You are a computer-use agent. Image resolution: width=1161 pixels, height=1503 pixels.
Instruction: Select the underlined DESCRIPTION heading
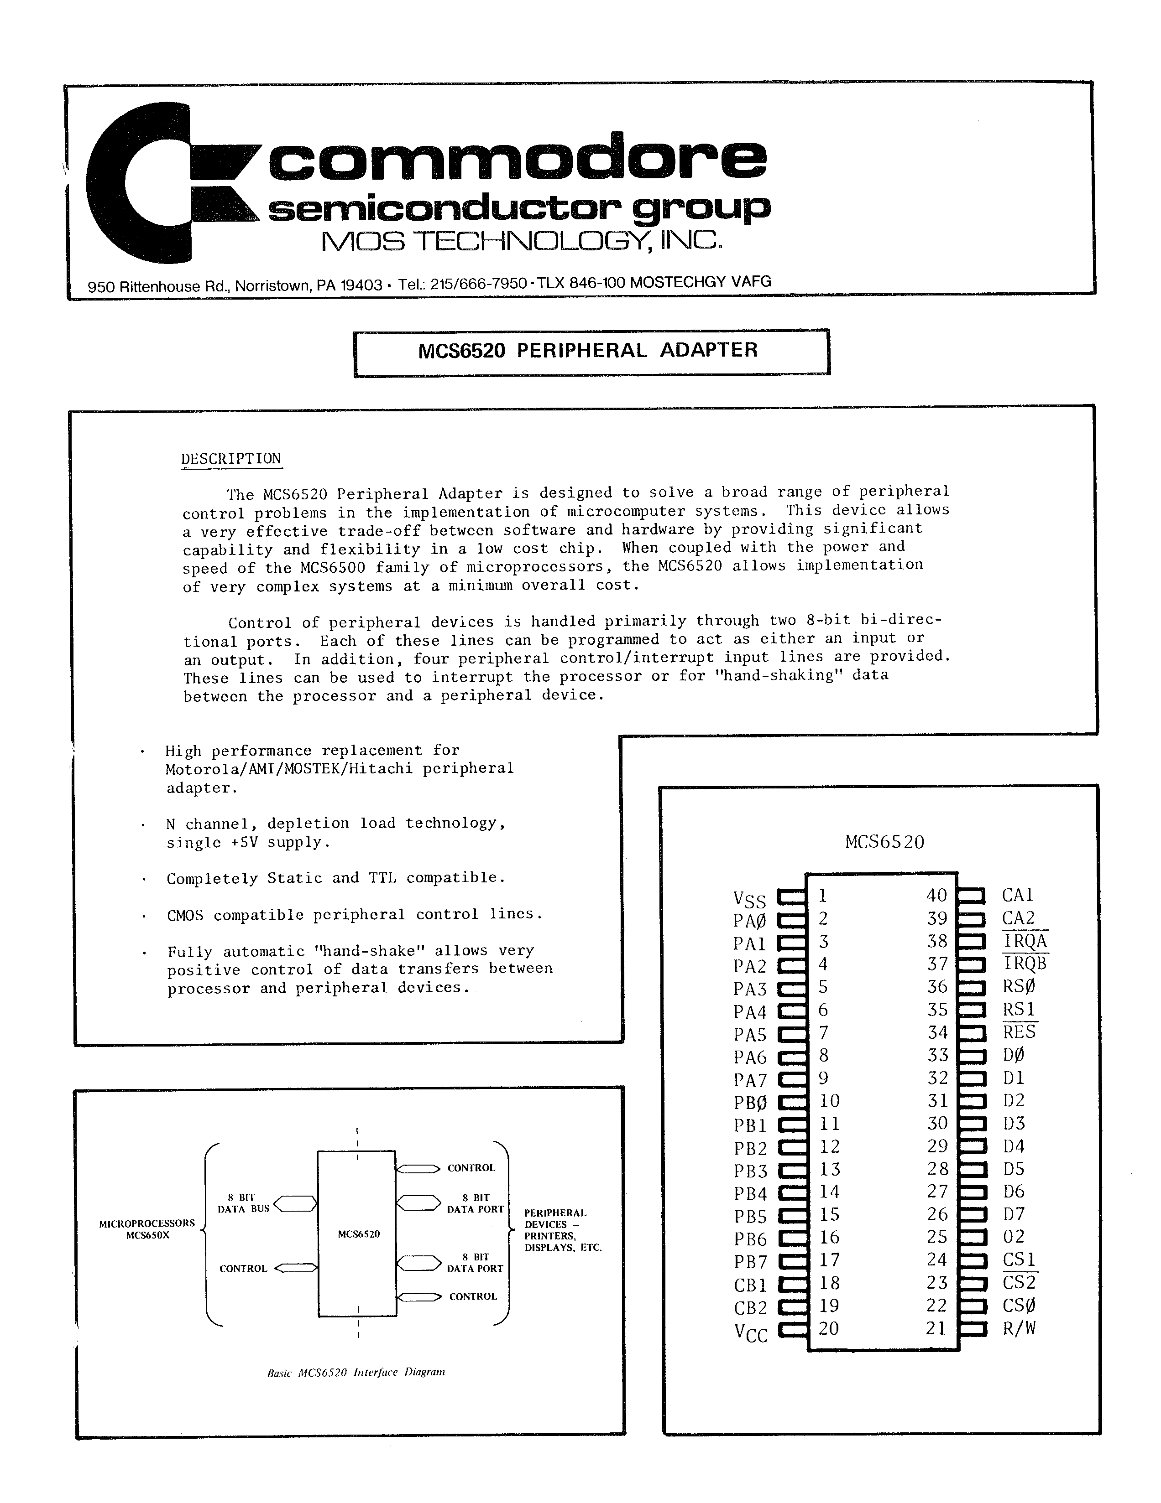[x=230, y=459]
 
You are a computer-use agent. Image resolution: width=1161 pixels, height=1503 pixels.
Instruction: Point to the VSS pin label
[x=749, y=899]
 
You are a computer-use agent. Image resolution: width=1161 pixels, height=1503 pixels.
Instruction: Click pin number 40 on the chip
[x=936, y=895]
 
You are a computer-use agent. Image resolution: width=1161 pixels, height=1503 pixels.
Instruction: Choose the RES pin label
[x=1019, y=1032]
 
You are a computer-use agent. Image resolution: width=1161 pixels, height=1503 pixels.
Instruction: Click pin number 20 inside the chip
[x=828, y=1328]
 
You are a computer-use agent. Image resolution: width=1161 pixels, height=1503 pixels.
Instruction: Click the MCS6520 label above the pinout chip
[x=884, y=842]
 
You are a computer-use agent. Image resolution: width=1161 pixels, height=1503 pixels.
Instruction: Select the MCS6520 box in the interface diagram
[x=357, y=1233]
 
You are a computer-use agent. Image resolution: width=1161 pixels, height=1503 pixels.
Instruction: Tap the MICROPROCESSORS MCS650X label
[x=146, y=1228]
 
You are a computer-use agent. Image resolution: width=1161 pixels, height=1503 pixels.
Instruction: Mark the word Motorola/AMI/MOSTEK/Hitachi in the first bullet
[x=288, y=769]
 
